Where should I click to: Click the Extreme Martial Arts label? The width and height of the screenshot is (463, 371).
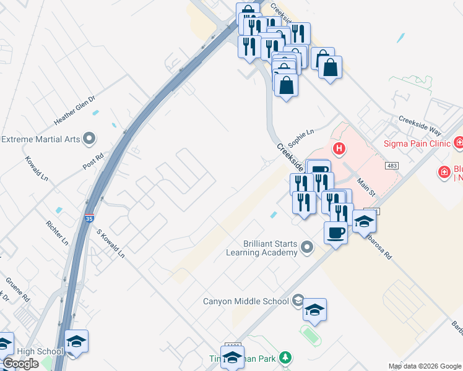click(x=41, y=139)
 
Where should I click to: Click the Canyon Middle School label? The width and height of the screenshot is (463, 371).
click(x=246, y=301)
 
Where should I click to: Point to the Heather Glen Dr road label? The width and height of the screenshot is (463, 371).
click(x=76, y=109)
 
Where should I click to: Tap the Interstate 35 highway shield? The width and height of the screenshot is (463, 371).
click(x=90, y=218)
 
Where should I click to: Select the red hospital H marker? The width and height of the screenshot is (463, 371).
click(x=339, y=148)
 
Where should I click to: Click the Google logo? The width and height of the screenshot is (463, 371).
click(x=20, y=364)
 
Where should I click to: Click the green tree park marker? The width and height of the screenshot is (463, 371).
click(x=285, y=357)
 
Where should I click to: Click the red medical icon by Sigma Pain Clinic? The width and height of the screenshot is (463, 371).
click(x=459, y=144)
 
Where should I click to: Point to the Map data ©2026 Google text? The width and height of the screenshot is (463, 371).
click(x=424, y=366)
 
